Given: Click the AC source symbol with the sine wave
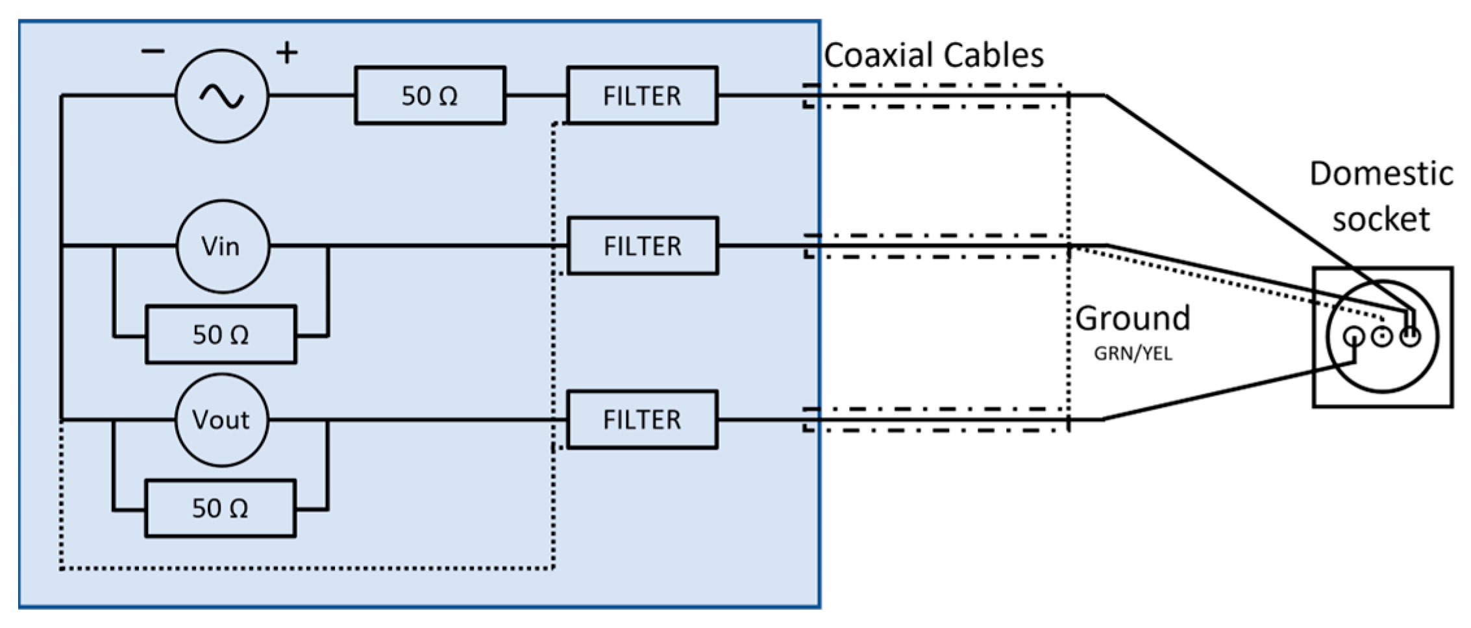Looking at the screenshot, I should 222,96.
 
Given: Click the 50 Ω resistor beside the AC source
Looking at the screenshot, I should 430,96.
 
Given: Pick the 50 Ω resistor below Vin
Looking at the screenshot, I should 221,335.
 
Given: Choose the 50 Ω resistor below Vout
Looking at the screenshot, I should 221,508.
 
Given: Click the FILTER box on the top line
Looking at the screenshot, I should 642,96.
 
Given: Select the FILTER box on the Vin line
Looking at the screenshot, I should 643,247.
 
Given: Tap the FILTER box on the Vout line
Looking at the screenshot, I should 642,420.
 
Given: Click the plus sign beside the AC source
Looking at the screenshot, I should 287,53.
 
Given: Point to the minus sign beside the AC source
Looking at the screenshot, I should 153,52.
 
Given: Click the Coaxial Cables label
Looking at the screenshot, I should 933,55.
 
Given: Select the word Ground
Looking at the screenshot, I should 1133,319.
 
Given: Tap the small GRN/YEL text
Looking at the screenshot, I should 1133,354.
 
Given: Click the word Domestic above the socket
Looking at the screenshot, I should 1381,174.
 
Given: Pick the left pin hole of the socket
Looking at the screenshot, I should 1354,336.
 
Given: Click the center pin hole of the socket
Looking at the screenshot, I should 1382,336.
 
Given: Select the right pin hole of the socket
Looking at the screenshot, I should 1411,336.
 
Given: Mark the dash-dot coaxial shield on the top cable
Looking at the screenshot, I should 935,86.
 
